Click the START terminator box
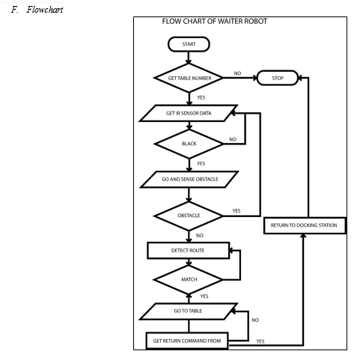[189, 44]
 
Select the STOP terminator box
[278, 78]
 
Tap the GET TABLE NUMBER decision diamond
[189, 78]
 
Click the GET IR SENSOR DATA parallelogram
[189, 113]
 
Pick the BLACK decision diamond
[189, 144]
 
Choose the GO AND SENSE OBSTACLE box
[189, 180]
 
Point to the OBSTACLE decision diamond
[189, 216]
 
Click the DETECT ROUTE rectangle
[189, 251]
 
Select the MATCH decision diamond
[189, 280]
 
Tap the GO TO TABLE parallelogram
[189, 311]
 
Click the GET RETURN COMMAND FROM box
[187, 341]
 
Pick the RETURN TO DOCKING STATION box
[305, 225]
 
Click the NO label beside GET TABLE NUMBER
[237, 73]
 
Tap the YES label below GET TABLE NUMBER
[201, 97]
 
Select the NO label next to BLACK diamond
[233, 139]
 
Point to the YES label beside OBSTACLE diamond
[237, 211]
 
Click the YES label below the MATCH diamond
[204, 296]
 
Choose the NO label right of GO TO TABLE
[255, 320]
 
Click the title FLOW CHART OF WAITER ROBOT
[215, 22]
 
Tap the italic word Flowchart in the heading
[45, 10]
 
